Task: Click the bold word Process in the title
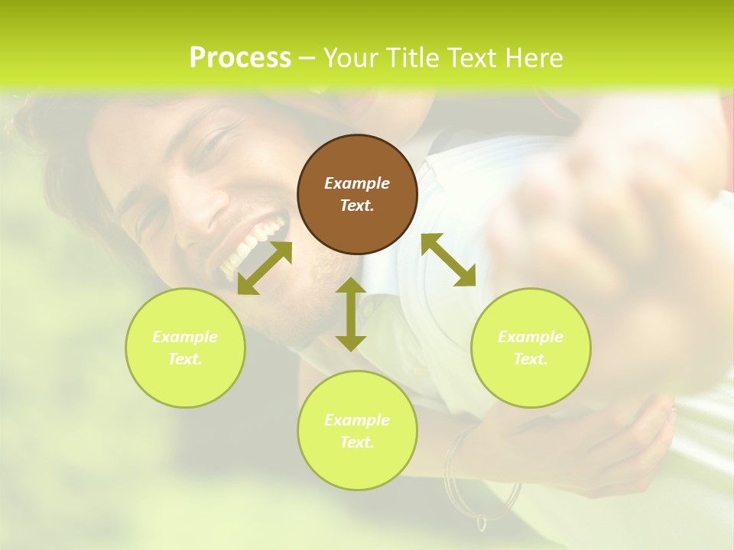coord(240,58)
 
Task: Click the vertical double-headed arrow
coord(351,314)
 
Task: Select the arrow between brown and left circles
coord(265,268)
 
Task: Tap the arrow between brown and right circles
coord(448,260)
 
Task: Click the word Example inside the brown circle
coord(357,183)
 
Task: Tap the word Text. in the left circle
coord(185,359)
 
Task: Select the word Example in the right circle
coord(531,337)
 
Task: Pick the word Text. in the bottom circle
coord(357,442)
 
